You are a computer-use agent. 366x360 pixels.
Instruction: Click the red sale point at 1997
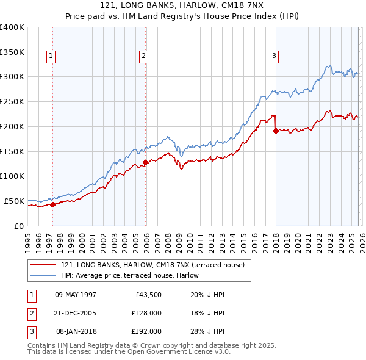pyautogui.click(x=52, y=204)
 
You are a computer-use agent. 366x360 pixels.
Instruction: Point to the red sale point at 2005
pyautogui.click(x=145, y=162)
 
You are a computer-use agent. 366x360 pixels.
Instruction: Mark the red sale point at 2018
pyautogui.click(x=276, y=130)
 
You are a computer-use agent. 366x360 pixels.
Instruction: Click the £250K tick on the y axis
pyautogui.click(x=12, y=102)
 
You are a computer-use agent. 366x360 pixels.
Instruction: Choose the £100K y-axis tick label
pyautogui.click(x=12, y=176)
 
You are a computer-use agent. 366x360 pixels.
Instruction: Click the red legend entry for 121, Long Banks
pyautogui.click(x=152, y=265)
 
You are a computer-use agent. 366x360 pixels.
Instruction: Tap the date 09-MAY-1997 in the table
pyautogui.click(x=75, y=295)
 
